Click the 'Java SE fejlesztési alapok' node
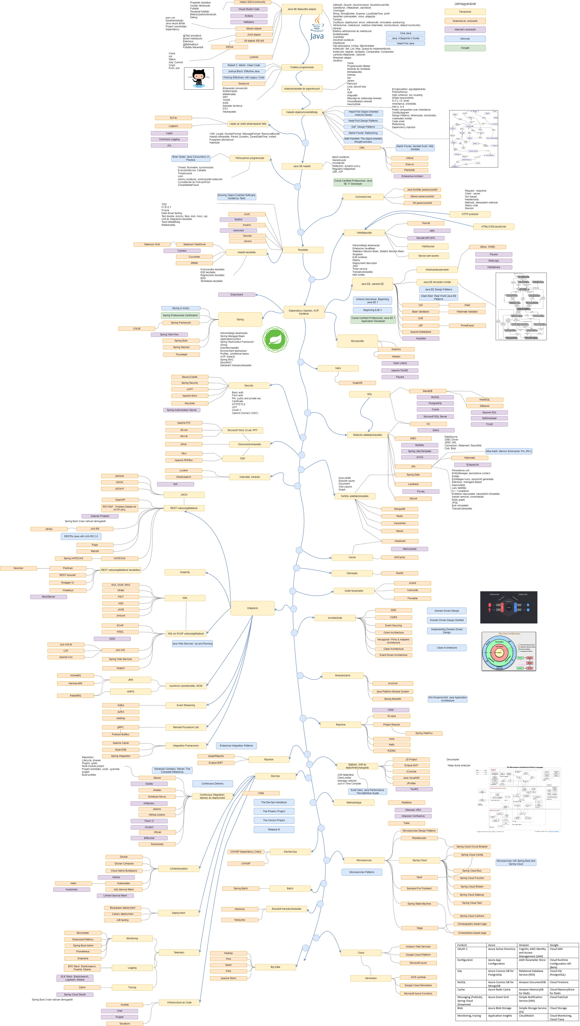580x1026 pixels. tap(302, 9)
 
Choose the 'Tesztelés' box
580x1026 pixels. tap(303, 250)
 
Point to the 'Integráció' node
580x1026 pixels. tap(252, 608)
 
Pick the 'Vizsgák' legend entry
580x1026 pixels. tap(465, 48)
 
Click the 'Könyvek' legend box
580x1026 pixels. tap(465, 39)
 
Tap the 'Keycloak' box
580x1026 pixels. tap(190, 403)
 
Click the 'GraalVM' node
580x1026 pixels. tap(357, 383)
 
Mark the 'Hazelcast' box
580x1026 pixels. tap(400, 541)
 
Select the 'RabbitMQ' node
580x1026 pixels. tap(75, 695)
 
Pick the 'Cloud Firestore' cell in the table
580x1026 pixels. tap(559, 982)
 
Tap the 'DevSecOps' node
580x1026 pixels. tap(290, 852)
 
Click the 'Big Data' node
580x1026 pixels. tap(275, 967)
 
